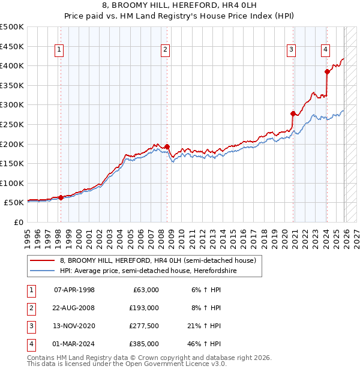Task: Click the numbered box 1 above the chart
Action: [61, 50]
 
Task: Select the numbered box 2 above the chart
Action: [165, 50]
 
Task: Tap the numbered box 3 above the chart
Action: [291, 50]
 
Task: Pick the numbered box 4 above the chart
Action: [325, 50]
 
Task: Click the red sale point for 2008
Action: [167, 146]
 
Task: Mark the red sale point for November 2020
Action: [293, 113]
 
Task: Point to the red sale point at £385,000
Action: [327, 71]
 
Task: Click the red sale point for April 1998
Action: [61, 197]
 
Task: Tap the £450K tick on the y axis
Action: [12, 46]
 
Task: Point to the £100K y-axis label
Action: [12, 183]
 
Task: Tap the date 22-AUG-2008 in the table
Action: [74, 308]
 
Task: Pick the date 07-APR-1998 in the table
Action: [74, 290]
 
